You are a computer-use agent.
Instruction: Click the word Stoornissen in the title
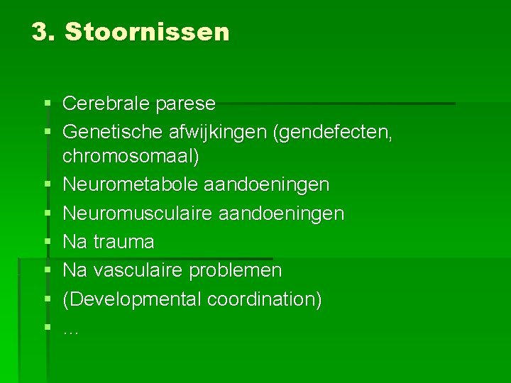coord(147,32)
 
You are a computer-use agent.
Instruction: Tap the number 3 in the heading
coord(41,32)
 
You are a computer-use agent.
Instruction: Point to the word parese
coord(187,104)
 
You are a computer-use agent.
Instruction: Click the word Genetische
coord(114,132)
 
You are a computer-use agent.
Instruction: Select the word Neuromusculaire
coord(136,213)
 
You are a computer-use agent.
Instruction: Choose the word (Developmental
coord(133,299)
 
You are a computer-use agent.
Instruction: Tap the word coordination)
coord(265,299)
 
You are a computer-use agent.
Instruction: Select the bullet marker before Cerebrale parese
coord(47,104)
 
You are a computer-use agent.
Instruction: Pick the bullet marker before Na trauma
coord(47,242)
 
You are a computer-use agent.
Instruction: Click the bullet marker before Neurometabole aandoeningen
coord(47,184)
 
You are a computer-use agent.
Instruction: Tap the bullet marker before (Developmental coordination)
coord(47,299)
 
